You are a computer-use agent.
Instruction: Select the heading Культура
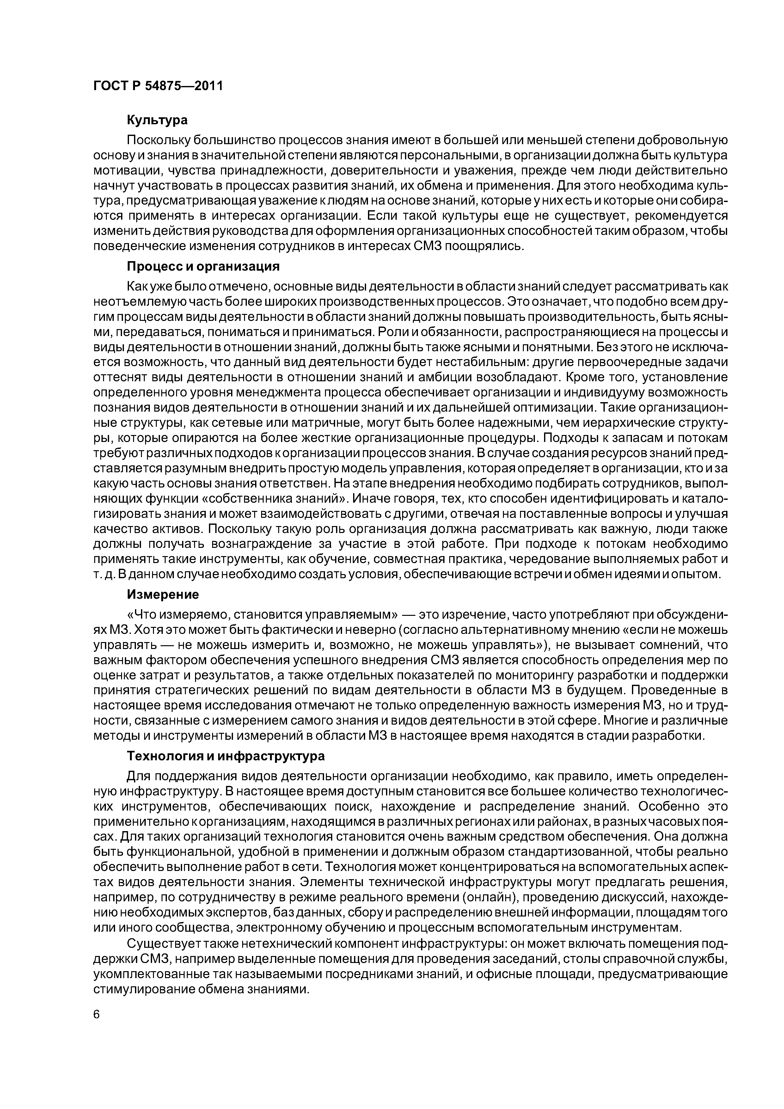tap(157, 120)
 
